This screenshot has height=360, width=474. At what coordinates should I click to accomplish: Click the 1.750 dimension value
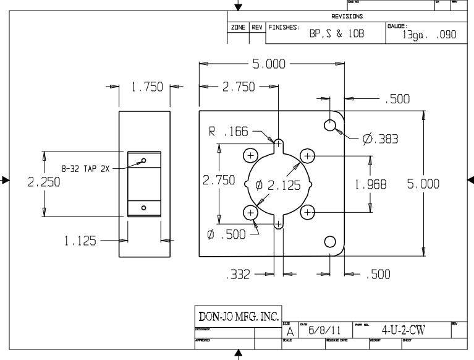(x=146, y=87)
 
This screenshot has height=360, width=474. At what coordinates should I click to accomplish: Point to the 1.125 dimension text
(x=80, y=241)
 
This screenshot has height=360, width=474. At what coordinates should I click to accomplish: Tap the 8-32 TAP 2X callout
(x=85, y=168)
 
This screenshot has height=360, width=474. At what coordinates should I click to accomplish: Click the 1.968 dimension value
(x=370, y=184)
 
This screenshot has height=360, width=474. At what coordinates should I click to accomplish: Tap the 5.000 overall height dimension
(x=423, y=184)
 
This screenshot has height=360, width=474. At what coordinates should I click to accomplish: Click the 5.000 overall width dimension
(x=269, y=64)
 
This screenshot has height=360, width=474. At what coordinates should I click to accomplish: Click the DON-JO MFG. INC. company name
(x=238, y=316)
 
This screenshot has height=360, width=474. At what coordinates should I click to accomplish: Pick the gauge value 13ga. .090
(x=430, y=35)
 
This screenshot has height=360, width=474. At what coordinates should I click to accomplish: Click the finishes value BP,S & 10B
(x=337, y=35)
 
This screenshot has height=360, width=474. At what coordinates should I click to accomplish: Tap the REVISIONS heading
(x=347, y=17)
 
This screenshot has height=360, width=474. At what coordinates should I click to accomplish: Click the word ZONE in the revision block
(x=238, y=28)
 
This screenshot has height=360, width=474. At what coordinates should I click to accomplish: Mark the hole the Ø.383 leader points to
(x=330, y=126)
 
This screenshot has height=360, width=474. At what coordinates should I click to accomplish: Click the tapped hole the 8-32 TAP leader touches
(x=144, y=161)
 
